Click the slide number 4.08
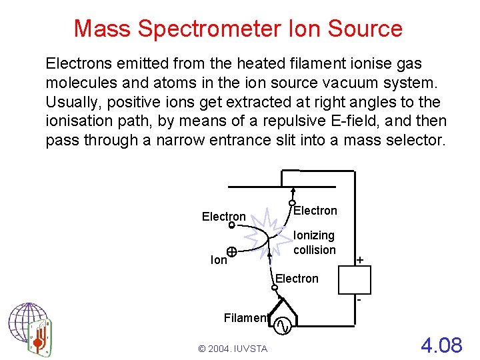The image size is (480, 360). point(441,345)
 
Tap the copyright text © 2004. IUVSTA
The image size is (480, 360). point(232,349)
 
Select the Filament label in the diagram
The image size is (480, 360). point(245,318)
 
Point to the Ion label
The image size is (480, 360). point(219,261)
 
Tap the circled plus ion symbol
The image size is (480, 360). point(231,252)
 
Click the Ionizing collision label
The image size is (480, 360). point(314,243)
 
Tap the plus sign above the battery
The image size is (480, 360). point(361,259)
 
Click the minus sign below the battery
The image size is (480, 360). point(359,301)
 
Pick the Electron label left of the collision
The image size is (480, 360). point(224,217)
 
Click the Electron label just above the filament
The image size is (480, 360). point(297,278)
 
